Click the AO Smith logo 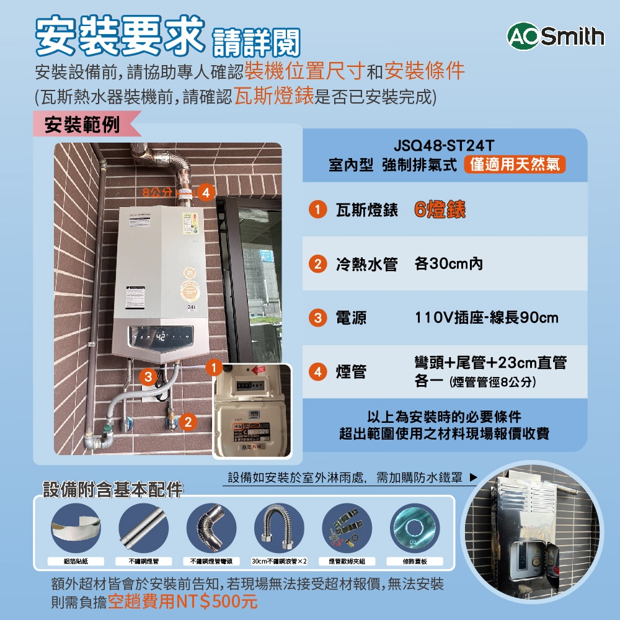(556, 37)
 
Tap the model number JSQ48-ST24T (444, 147)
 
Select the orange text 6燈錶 (440, 210)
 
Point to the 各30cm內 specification (448, 264)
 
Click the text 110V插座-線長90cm (487, 318)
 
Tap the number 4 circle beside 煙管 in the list (317, 372)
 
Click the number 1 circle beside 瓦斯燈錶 (317, 210)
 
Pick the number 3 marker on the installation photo (148, 376)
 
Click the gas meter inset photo (251, 411)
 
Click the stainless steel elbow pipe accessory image (211, 528)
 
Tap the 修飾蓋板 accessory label (415, 561)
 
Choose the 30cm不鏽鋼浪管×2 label (280, 561)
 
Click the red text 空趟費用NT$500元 (182, 601)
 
